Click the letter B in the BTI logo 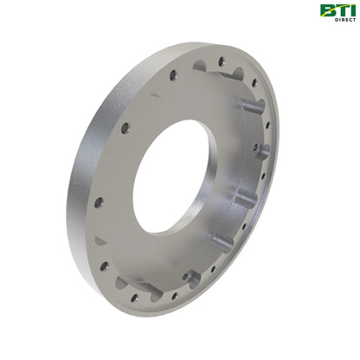tap(329, 10)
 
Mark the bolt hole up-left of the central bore tap(125, 127)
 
